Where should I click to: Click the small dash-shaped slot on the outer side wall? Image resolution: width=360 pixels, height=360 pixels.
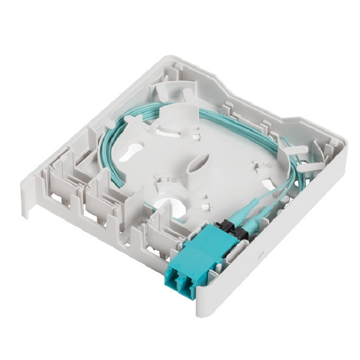(x=260, y=254)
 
